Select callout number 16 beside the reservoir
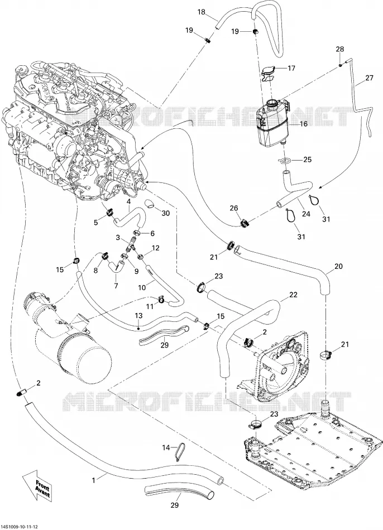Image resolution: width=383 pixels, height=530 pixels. (x=304, y=124)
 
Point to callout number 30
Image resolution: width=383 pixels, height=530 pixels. (x=166, y=213)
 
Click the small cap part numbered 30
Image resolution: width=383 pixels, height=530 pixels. (x=150, y=203)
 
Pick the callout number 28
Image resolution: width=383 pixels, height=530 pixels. (x=339, y=49)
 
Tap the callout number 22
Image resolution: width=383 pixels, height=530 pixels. (x=293, y=295)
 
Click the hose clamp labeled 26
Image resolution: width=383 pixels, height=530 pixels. (x=245, y=223)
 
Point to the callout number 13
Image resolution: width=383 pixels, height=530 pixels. (x=138, y=316)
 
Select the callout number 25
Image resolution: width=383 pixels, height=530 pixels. (x=307, y=160)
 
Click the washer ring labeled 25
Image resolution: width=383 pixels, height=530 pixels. (x=284, y=160)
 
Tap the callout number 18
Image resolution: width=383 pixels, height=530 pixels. (x=202, y=12)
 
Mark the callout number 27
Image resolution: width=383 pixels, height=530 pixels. (x=369, y=78)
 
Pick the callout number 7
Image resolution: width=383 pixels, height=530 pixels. (x=116, y=286)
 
